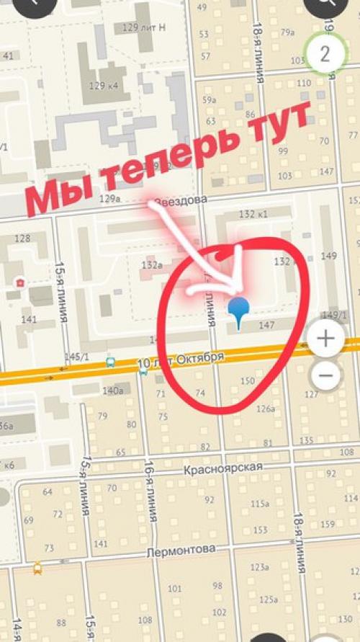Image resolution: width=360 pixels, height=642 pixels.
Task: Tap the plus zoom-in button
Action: pyautogui.click(x=326, y=339)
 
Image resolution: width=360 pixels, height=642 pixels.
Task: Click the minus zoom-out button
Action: pyautogui.click(x=326, y=375)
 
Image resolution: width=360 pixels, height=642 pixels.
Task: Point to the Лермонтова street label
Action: pyautogui.click(x=180, y=550)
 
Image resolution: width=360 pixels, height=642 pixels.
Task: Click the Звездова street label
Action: pyautogui.click(x=185, y=199)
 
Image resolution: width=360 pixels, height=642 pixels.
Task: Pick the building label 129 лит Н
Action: pyautogui.click(x=144, y=27)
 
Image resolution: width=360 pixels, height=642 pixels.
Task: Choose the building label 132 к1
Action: pyautogui.click(x=253, y=214)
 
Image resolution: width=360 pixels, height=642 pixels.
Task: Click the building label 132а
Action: pyautogui.click(x=151, y=265)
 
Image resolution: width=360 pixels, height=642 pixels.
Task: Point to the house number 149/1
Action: pyautogui.click(x=334, y=315)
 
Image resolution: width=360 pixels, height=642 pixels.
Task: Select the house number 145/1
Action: pyautogui.click(x=76, y=357)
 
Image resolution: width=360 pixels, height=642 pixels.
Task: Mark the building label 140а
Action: pyautogui.click(x=113, y=391)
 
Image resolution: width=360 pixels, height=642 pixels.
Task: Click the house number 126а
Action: pyautogui.click(x=265, y=409)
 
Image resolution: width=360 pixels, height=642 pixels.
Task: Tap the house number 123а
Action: pyautogui.click(x=259, y=568)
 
